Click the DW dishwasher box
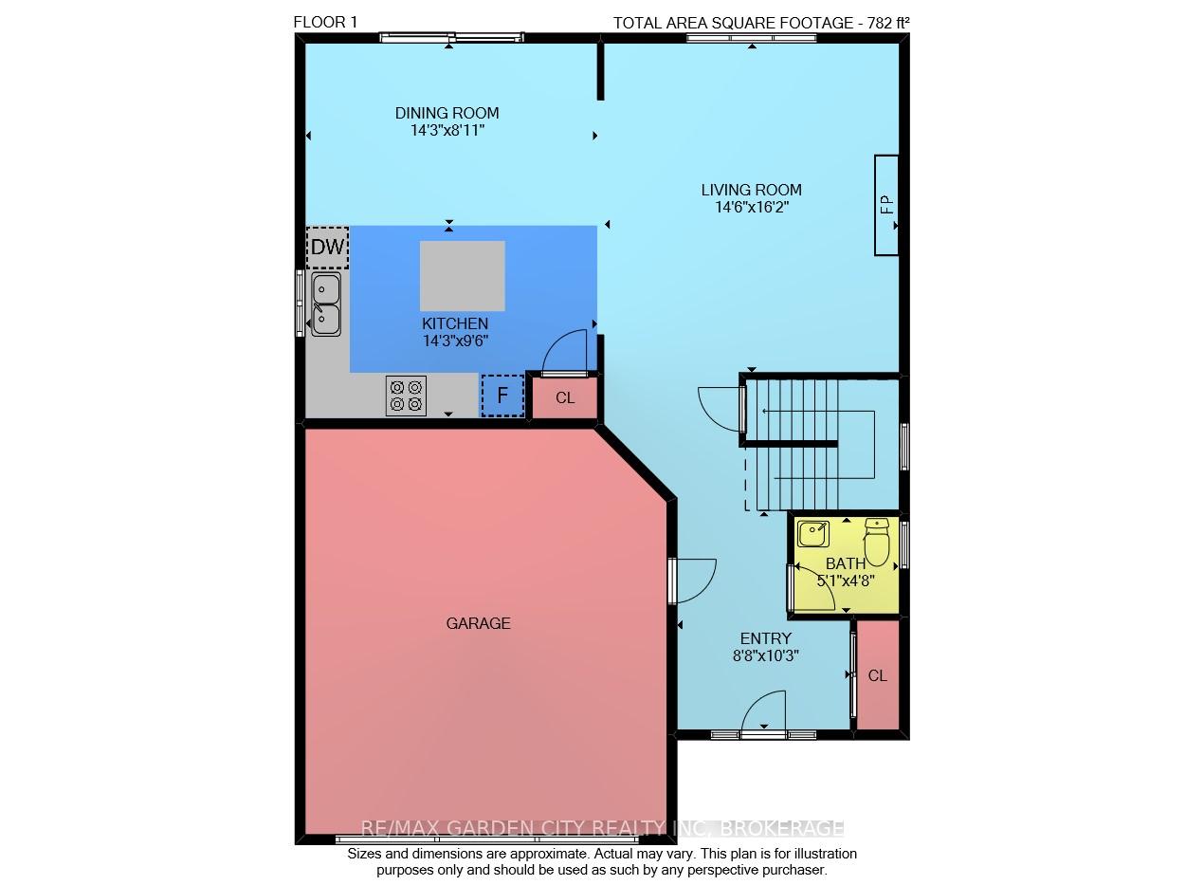[x=327, y=248]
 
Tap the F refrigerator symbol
[x=502, y=396]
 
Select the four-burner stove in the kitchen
[x=406, y=396]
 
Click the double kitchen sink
[x=326, y=304]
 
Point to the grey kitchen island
[x=463, y=276]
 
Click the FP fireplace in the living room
[x=886, y=205]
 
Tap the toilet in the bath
[x=876, y=542]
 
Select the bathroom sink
[x=813, y=534]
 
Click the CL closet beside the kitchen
[x=565, y=397]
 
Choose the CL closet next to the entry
[x=877, y=676]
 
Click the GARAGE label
[x=478, y=624]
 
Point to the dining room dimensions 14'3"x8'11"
[x=447, y=131]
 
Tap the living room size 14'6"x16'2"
[x=752, y=207]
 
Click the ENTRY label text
[x=765, y=638]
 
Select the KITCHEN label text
[x=455, y=323]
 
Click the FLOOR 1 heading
[x=325, y=23]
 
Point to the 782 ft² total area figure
[x=888, y=23]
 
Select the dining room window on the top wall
[x=451, y=38]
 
